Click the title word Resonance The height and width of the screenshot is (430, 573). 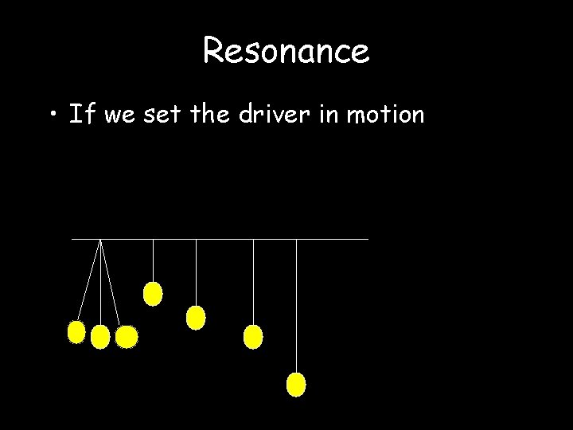(286, 52)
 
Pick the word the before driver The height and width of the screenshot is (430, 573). (212, 115)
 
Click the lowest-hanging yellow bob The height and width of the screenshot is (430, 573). (296, 385)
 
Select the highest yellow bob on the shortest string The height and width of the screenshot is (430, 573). (152, 294)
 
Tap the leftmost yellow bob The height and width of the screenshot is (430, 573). (76, 331)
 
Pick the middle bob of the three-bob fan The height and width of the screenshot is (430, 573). (100, 338)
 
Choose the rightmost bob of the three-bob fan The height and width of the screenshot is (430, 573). (126, 338)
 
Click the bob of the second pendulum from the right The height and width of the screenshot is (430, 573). (252, 337)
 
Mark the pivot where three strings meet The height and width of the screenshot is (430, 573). (100, 239)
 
